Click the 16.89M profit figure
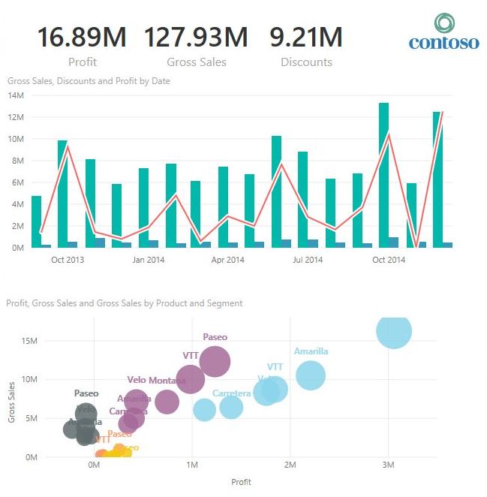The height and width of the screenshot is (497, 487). (82, 36)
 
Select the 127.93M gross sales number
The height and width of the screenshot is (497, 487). (196, 36)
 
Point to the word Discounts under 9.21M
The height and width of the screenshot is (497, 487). (306, 62)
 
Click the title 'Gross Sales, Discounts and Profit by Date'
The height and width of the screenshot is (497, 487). (89, 80)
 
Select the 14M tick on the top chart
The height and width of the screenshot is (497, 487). (17, 95)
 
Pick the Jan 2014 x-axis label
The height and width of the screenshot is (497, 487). (149, 261)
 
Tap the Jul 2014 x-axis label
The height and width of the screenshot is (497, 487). (308, 261)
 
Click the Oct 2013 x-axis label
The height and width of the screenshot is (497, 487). (68, 261)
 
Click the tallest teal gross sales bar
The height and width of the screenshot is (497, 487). (383, 173)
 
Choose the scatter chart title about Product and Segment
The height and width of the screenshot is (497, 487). (124, 303)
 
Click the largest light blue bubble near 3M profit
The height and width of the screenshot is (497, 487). (393, 332)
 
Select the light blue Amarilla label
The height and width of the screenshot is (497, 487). (311, 351)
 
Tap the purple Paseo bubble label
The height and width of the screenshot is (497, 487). (215, 338)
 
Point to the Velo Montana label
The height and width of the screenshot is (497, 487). (156, 381)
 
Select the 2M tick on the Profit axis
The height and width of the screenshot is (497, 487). (290, 465)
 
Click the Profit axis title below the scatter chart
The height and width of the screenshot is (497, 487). (240, 482)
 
